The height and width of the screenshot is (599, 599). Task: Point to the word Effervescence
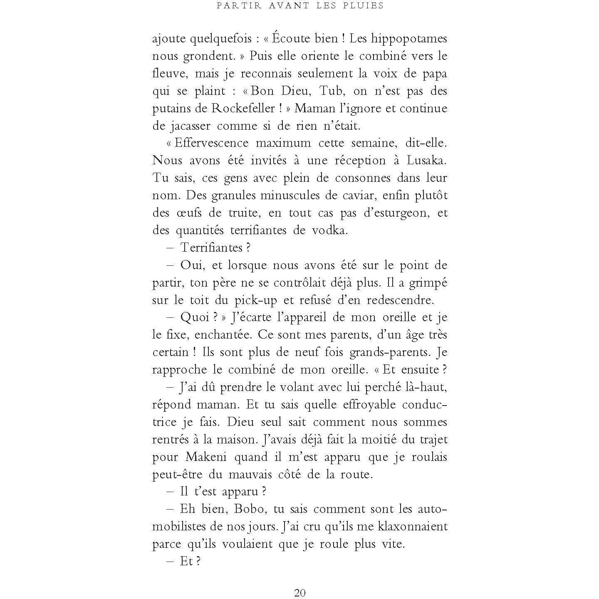(x=211, y=144)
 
